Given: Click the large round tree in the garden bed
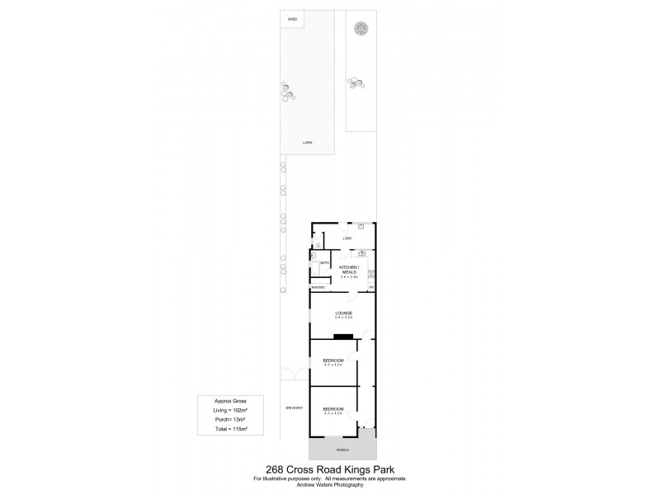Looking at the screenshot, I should coord(361,30).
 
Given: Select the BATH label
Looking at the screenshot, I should coord(325,263).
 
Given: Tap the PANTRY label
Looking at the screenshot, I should coord(318,287).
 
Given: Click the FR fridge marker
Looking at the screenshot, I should coord(371,287).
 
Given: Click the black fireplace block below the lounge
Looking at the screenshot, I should coord(342,336).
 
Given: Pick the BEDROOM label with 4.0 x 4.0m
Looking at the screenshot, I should coord(333,361).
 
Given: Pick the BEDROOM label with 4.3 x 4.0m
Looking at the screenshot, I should coord(333,408).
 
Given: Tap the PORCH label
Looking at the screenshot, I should coord(342,450).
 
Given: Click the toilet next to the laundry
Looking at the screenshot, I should coord(318,244).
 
